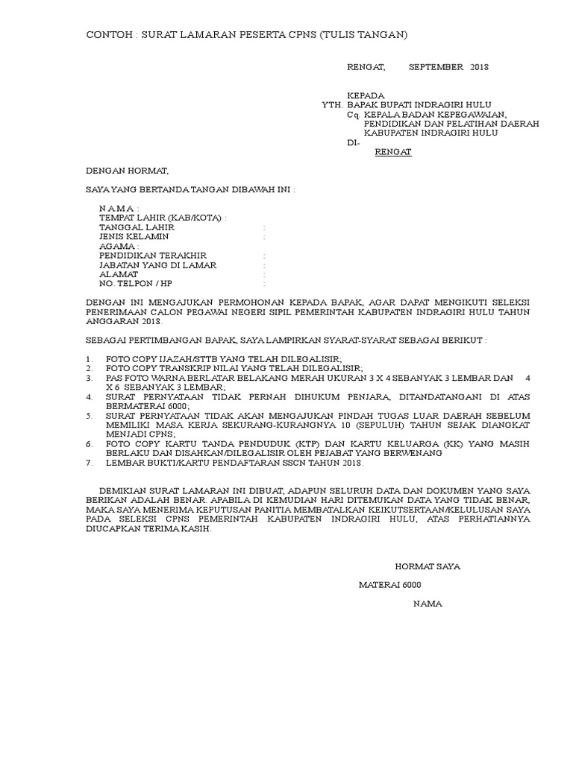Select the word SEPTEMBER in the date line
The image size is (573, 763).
(x=436, y=67)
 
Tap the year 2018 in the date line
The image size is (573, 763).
(x=479, y=67)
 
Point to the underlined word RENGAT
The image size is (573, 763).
(x=392, y=152)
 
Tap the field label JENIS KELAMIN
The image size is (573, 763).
(x=134, y=236)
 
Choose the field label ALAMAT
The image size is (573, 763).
(x=119, y=274)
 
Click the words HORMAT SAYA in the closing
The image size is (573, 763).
(x=428, y=566)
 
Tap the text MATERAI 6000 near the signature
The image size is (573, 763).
(x=390, y=585)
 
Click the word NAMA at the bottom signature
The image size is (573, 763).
(x=428, y=604)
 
